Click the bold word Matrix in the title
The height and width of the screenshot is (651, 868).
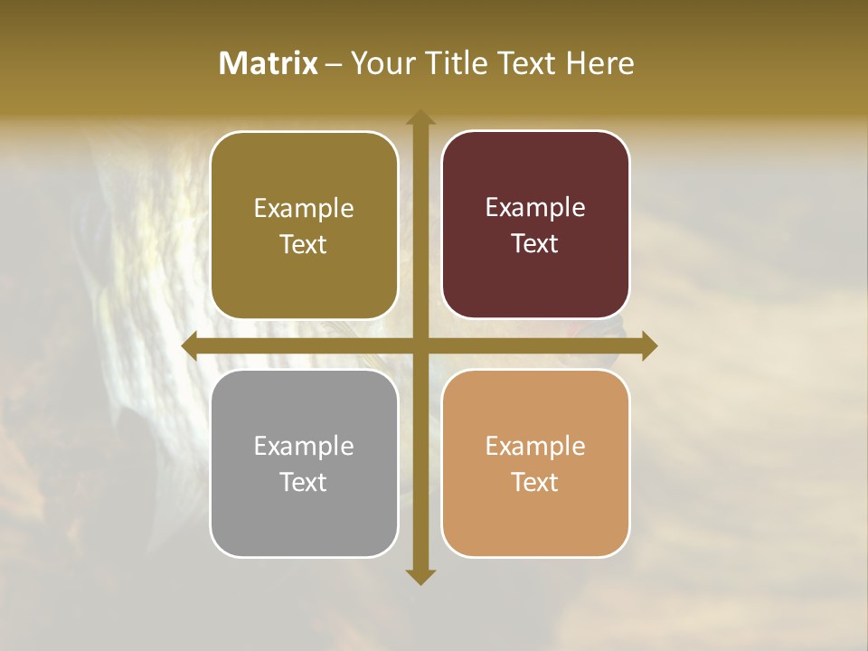268,63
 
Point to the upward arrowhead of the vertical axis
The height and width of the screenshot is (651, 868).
420,118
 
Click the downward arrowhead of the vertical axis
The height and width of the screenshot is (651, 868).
420,576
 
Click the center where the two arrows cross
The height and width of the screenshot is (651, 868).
420,346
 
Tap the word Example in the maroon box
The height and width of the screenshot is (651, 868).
535,208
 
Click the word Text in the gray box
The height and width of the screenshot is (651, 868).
304,482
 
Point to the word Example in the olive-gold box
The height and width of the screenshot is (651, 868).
304,208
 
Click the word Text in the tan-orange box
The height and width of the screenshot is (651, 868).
535,482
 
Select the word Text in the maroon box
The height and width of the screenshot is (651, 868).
535,243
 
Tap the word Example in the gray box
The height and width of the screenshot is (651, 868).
304,446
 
